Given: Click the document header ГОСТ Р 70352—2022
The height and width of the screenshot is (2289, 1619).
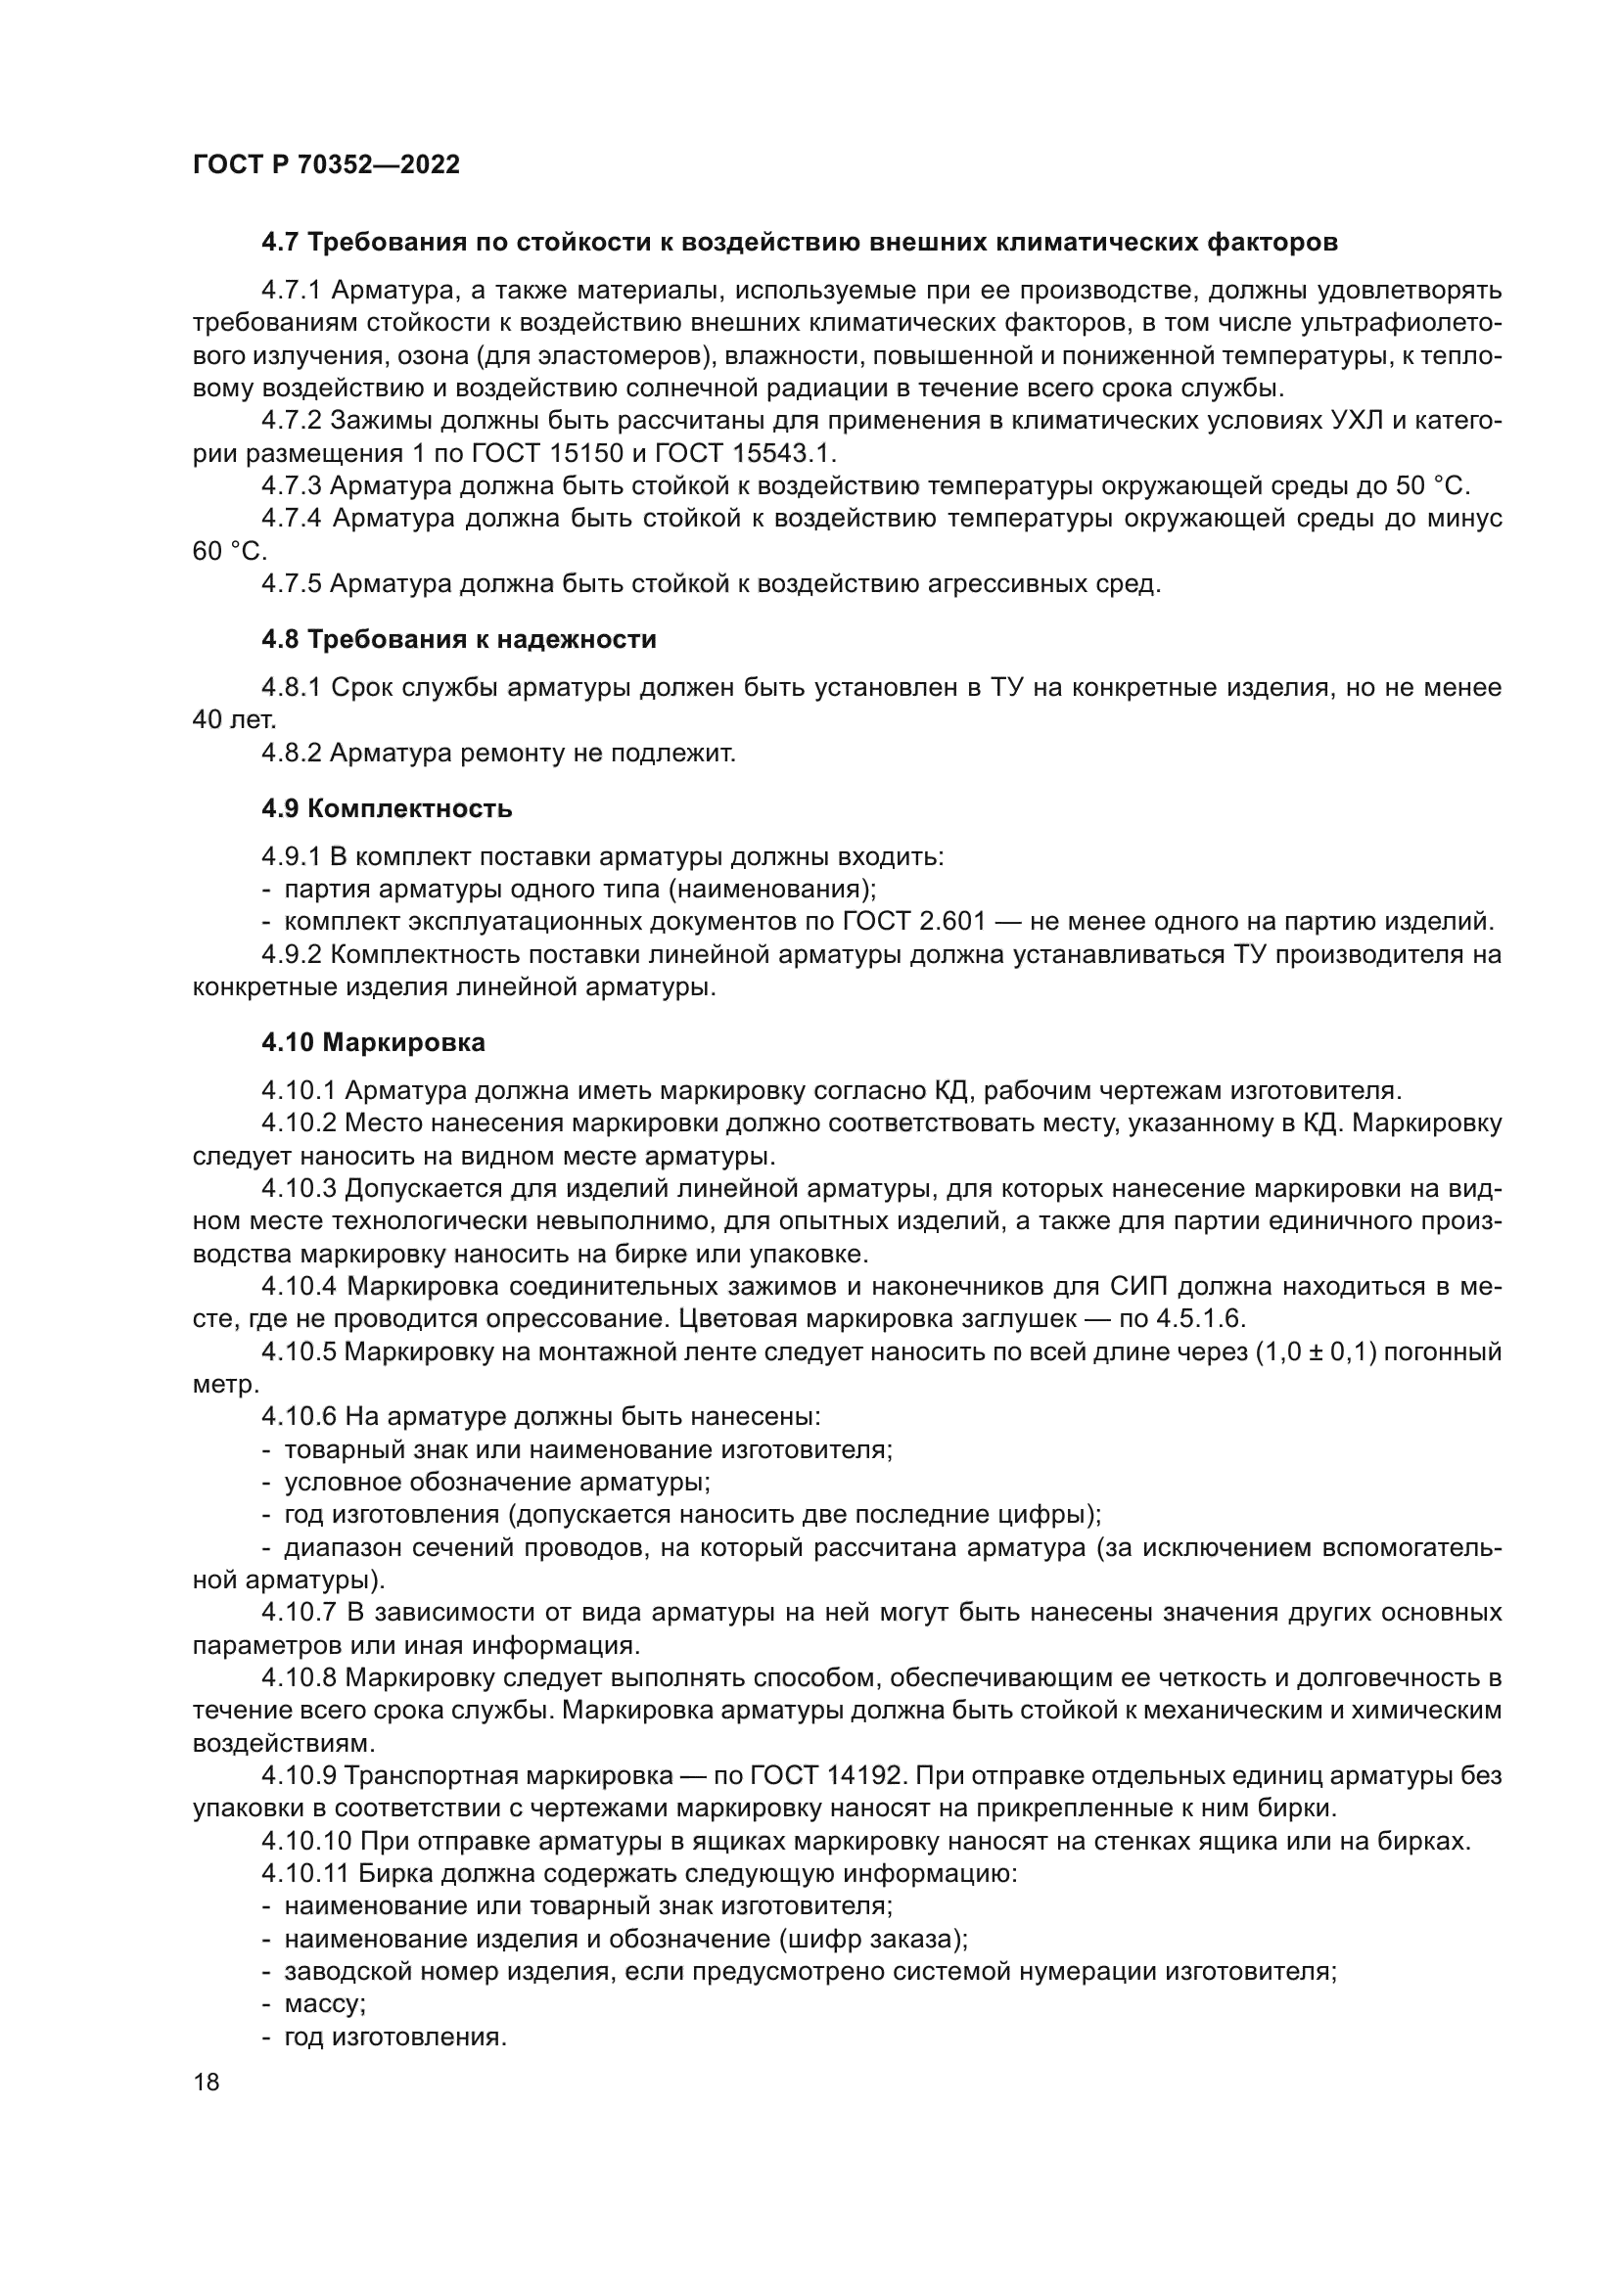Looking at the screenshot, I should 326,165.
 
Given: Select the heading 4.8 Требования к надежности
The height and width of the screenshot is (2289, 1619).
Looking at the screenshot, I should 458,639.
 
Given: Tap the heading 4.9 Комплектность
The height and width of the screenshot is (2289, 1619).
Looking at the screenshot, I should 387,807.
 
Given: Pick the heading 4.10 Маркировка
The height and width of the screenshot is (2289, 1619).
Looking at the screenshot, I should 374,1043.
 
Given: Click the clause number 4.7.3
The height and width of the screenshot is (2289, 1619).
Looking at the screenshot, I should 291,485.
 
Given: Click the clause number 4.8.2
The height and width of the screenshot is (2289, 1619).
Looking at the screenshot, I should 291,753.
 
